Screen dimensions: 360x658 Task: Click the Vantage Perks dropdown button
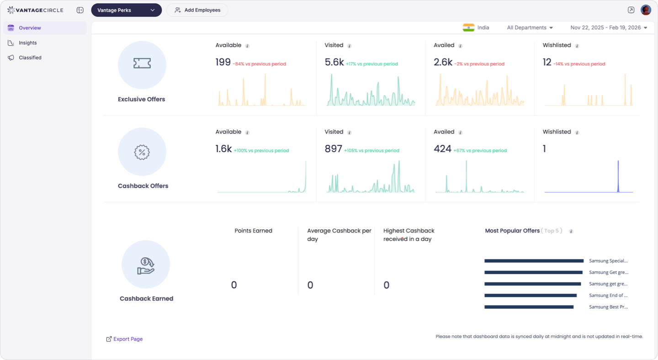pyautogui.click(x=126, y=10)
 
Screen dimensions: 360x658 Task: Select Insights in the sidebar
pyautogui.click(x=28, y=43)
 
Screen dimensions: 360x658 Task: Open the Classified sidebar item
pyautogui.click(x=30, y=58)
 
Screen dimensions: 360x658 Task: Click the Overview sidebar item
pyautogui.click(x=30, y=28)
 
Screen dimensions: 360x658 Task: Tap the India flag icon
pyautogui.click(x=468, y=27)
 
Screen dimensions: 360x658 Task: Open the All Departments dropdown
pyautogui.click(x=530, y=28)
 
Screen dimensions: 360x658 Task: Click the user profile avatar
pyautogui.click(x=645, y=10)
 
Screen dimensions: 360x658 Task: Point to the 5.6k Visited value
pyautogui.click(x=334, y=63)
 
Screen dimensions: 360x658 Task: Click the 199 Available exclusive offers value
pyautogui.click(x=223, y=63)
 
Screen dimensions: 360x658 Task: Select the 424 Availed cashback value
pyautogui.click(x=442, y=149)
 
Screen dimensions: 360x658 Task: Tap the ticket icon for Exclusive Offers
pyautogui.click(x=142, y=64)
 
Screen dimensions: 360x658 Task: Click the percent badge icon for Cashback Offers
pyautogui.click(x=142, y=152)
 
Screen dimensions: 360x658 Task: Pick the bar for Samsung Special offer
pyautogui.click(x=534, y=261)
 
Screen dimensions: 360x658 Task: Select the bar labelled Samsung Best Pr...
pyautogui.click(x=529, y=307)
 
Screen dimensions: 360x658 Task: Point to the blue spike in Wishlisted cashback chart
pyautogui.click(x=618, y=176)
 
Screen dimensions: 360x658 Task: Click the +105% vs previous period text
pyautogui.click(x=371, y=151)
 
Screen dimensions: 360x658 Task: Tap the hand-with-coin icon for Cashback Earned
pyautogui.click(x=146, y=265)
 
